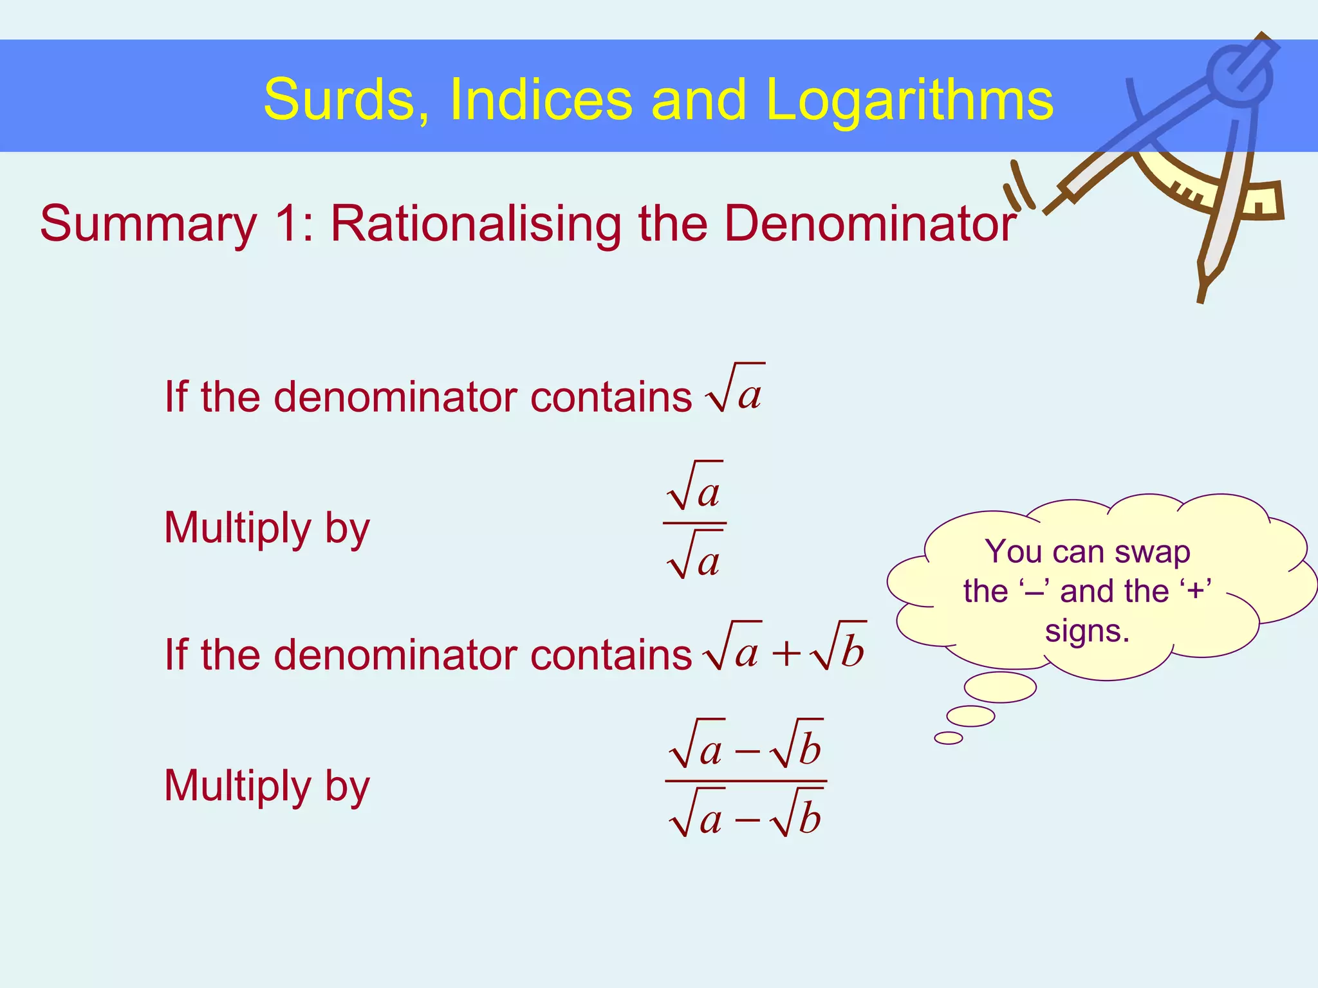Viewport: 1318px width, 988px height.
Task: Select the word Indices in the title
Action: click(x=541, y=100)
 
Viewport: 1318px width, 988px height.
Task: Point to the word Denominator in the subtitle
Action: click(x=870, y=224)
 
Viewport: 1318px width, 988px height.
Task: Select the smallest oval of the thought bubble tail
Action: click(x=949, y=738)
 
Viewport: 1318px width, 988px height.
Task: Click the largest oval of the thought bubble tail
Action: click(x=1000, y=687)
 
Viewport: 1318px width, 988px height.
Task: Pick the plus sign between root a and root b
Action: click(x=786, y=655)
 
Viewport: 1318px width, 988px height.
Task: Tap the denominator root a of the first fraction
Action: click(x=695, y=557)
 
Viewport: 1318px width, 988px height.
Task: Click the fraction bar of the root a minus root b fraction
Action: click(x=746, y=782)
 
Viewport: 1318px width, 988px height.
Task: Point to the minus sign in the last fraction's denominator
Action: click(x=747, y=821)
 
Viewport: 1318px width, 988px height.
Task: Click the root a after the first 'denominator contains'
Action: click(x=735, y=390)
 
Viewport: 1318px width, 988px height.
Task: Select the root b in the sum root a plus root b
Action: click(x=839, y=648)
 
